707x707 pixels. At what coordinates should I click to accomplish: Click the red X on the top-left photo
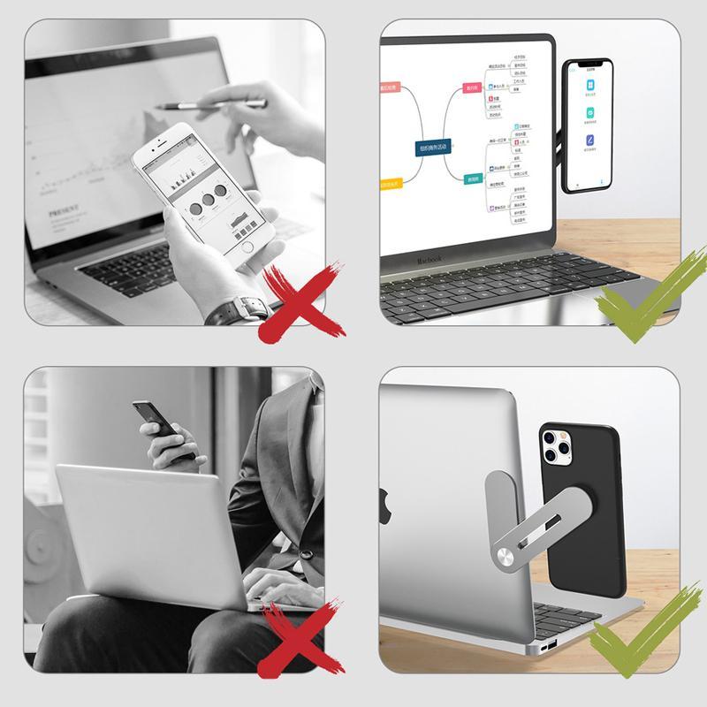coord(300,301)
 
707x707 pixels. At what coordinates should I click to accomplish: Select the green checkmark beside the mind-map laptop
coord(641,296)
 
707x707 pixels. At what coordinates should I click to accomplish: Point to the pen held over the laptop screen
coord(212,103)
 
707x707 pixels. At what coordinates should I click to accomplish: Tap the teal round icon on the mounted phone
coord(589,114)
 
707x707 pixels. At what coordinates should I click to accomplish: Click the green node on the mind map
coord(474,179)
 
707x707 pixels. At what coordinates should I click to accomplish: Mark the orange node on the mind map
coord(390,185)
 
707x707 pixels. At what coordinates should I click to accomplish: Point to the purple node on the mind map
coord(390,87)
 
